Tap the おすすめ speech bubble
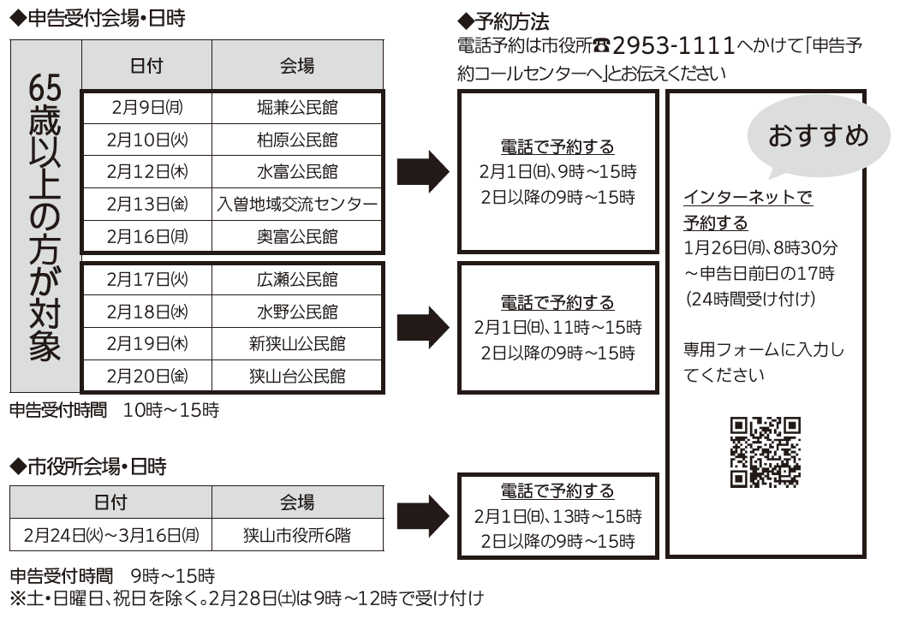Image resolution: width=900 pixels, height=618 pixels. [x=818, y=136]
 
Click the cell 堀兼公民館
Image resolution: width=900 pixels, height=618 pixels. [x=297, y=107]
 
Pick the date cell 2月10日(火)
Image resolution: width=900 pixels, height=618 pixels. [x=146, y=140]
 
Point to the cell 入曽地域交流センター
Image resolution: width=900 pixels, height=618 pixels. [x=297, y=205]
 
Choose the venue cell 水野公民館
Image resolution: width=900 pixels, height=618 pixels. [x=297, y=312]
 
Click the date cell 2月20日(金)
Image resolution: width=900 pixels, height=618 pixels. [x=146, y=376]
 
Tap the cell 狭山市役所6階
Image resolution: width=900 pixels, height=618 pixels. [x=297, y=536]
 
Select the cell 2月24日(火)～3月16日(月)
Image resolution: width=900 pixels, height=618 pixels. [x=111, y=536]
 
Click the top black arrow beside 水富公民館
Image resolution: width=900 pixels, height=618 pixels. [x=423, y=172]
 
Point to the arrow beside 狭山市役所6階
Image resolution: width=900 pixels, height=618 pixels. [x=423, y=516]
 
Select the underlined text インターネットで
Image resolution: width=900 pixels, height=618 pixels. [x=748, y=198]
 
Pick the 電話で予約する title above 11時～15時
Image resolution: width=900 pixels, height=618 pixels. [x=557, y=302]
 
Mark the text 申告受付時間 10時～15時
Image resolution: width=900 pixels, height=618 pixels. [x=114, y=411]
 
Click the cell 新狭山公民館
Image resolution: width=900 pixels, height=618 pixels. [x=297, y=343]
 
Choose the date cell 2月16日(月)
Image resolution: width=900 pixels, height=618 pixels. [x=146, y=236]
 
